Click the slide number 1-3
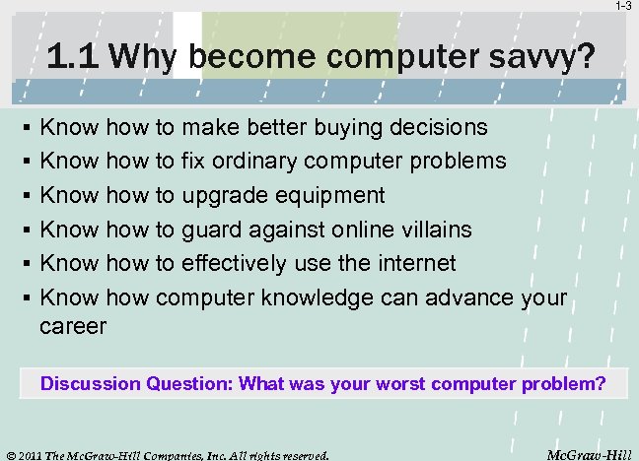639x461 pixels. pos(624,7)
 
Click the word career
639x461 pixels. pos(72,326)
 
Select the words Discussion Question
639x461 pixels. pos(135,383)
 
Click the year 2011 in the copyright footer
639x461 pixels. pos(37,454)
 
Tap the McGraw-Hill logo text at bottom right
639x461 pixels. pos(591,453)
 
